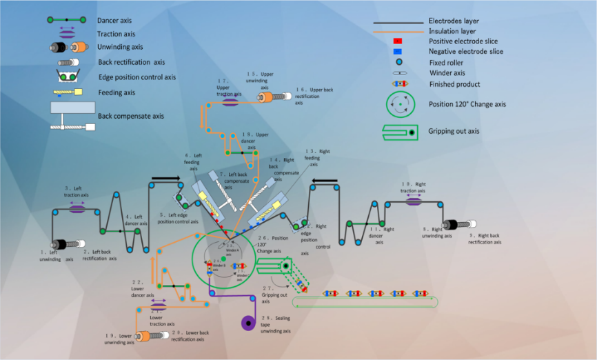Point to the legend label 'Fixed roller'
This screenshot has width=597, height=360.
click(x=447, y=63)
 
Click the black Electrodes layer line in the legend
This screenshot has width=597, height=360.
click(x=397, y=22)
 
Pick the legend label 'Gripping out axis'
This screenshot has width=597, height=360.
click(x=454, y=131)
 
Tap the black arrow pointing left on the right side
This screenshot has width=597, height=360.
click(x=324, y=182)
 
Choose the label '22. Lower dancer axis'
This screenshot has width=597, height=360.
click(x=141, y=288)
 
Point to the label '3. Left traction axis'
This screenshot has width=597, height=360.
click(x=77, y=191)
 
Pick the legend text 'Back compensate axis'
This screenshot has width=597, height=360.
click(x=131, y=116)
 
